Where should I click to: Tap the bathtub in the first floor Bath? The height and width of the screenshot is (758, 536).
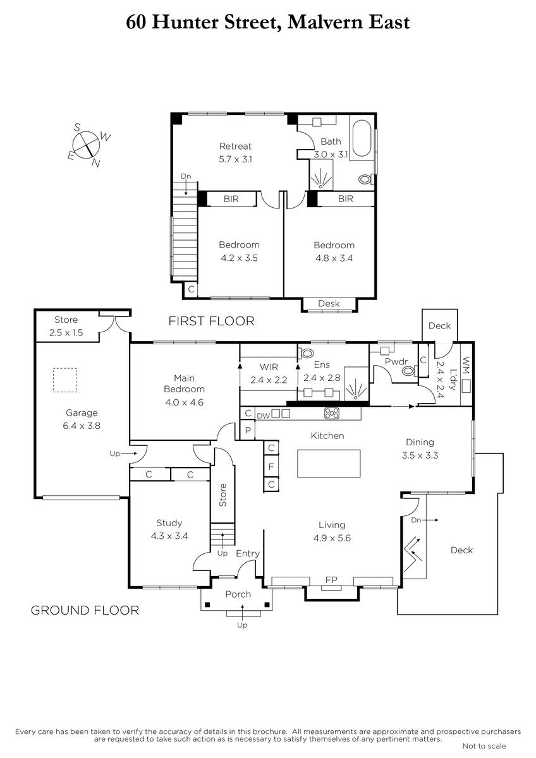tap(362, 138)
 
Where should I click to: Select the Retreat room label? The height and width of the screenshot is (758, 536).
tap(235, 146)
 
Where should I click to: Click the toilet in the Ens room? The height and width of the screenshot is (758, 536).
tap(306, 354)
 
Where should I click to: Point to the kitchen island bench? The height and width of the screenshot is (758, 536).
tap(329, 463)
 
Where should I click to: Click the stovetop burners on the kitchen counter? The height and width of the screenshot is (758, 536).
tap(332, 413)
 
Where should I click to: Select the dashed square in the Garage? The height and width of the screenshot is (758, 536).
tap(65, 380)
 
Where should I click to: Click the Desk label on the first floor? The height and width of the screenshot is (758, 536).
tap(329, 304)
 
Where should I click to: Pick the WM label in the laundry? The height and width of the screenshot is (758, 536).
tap(466, 365)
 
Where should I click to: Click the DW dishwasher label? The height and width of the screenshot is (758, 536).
tap(263, 416)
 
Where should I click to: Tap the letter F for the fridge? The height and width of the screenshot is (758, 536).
tap(271, 467)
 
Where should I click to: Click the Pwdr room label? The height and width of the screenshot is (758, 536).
tap(396, 361)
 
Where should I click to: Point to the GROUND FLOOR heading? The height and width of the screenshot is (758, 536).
tap(85, 610)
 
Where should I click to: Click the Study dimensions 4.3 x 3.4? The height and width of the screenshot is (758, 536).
tap(169, 536)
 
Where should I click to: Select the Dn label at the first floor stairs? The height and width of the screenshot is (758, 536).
tap(186, 176)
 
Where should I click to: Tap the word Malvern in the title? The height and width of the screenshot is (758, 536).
tap(324, 23)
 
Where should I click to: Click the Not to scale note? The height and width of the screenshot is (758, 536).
tap(484, 746)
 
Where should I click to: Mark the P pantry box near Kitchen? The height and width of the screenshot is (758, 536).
tap(248, 430)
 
